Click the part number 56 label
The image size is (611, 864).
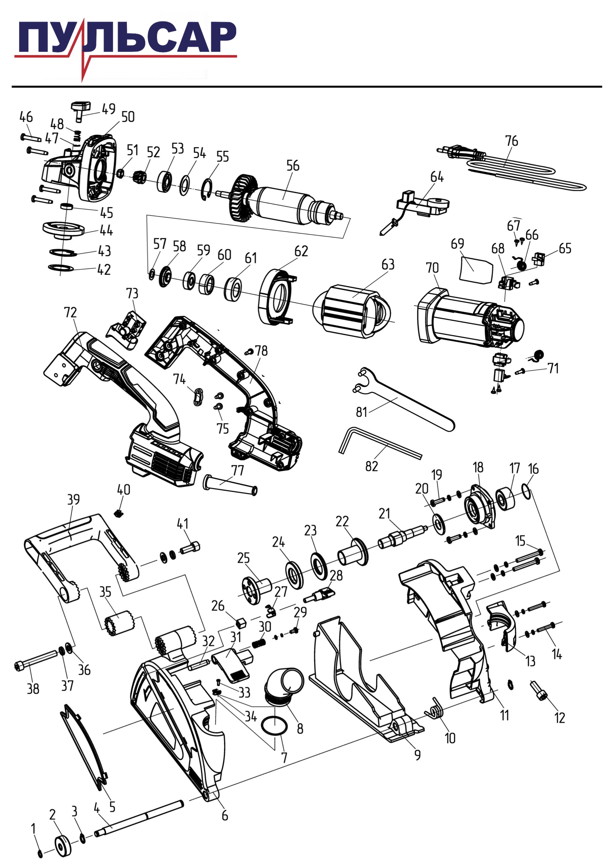click(293, 166)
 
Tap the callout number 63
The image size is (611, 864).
click(388, 265)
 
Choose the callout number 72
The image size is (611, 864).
click(70, 313)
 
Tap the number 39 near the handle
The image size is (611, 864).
click(74, 499)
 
